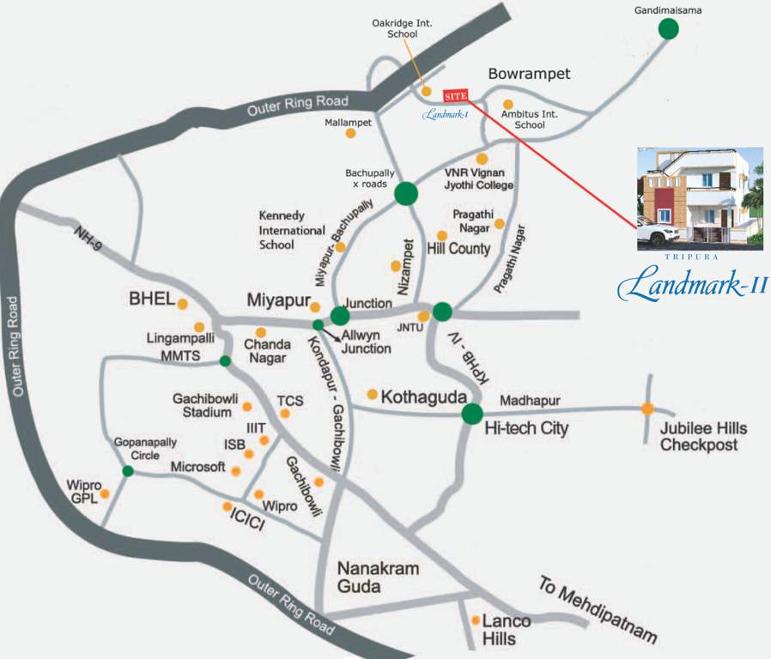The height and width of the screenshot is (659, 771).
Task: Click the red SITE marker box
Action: click(x=455, y=96)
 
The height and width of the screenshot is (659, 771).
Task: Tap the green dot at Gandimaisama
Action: click(x=668, y=29)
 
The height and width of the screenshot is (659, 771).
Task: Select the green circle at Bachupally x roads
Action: click(x=406, y=195)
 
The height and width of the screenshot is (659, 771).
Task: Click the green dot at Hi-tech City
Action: click(x=471, y=414)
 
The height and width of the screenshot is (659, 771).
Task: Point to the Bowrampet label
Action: click(x=529, y=74)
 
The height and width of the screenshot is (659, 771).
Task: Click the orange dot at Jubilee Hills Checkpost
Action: click(x=647, y=408)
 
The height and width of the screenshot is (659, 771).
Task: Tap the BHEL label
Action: click(x=151, y=299)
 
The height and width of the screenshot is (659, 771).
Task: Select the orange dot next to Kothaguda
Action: click(x=372, y=395)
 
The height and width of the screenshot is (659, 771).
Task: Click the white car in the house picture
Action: click(x=659, y=233)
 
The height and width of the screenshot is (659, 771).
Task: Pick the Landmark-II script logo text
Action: click(x=691, y=284)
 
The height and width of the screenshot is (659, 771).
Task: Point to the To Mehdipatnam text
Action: click(x=598, y=610)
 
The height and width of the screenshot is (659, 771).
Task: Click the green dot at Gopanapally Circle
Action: click(x=128, y=471)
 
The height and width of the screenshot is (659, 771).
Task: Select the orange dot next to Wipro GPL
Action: click(x=105, y=493)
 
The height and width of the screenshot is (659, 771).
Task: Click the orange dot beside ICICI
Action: click(x=228, y=506)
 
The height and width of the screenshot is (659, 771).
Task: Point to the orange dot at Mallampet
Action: click(x=350, y=133)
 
